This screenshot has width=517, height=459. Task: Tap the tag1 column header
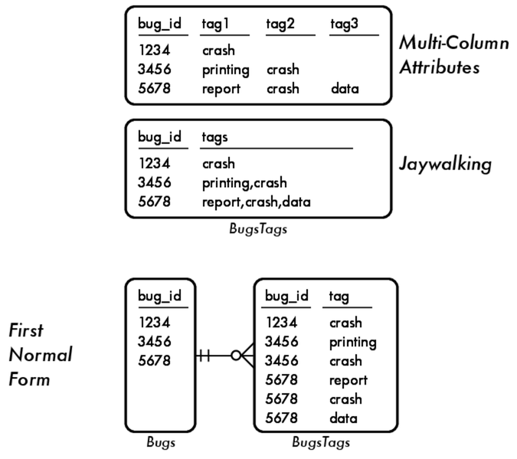(217, 25)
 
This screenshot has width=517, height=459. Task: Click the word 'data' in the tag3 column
(345, 88)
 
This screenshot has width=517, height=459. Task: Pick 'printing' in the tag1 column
(226, 70)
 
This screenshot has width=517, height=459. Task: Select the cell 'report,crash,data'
(255, 201)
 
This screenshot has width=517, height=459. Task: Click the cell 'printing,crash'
(244, 182)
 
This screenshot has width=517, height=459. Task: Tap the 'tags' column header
(215, 137)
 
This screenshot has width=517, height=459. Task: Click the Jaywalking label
(444, 165)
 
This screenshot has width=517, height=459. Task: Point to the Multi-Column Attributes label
(453, 55)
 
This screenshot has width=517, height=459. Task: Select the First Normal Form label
(40, 355)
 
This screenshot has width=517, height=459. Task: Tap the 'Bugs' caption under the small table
(161, 442)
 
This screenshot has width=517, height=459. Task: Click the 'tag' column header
(339, 295)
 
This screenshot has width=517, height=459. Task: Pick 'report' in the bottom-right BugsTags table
(348, 379)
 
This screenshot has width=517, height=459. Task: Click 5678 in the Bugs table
(154, 360)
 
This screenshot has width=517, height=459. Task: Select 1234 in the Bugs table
(154, 323)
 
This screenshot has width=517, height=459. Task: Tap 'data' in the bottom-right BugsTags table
(343, 418)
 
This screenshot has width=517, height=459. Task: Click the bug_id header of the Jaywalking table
(159, 137)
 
